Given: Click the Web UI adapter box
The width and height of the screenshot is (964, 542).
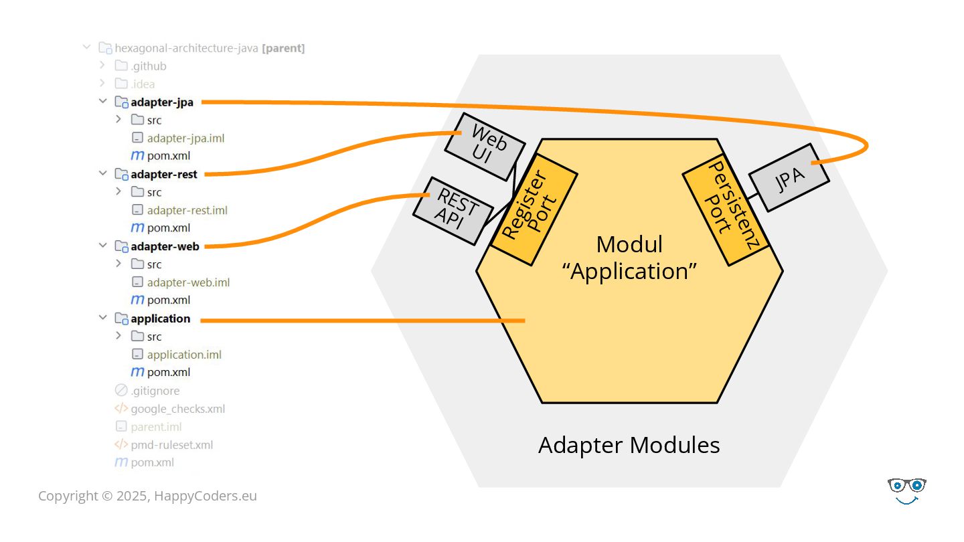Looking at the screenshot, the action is [x=485, y=147].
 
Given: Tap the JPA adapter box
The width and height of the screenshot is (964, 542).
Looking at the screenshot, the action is [x=789, y=178].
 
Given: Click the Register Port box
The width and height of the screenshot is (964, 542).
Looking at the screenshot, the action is [x=534, y=209].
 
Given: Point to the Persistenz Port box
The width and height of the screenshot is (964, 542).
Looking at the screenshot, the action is [x=726, y=209].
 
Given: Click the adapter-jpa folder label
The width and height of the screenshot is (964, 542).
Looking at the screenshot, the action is [x=162, y=102].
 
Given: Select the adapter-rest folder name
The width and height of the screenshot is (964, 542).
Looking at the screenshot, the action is [x=164, y=174].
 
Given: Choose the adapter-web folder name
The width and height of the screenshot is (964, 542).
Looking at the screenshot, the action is [x=165, y=246].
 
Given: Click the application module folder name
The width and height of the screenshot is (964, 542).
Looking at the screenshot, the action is [x=161, y=319].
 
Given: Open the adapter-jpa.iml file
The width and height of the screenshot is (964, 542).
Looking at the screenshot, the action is [x=185, y=138].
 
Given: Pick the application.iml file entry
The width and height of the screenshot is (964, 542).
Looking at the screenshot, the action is [x=184, y=355].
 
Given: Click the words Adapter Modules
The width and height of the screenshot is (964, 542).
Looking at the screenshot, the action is [x=629, y=445].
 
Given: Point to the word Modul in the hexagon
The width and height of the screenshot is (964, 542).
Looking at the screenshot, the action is [x=629, y=244].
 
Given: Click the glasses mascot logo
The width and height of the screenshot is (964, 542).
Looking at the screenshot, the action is [x=906, y=491].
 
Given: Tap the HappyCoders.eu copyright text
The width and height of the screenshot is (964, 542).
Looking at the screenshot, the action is [x=147, y=496].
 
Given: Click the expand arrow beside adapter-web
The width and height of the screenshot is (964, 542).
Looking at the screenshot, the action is [x=103, y=246].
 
